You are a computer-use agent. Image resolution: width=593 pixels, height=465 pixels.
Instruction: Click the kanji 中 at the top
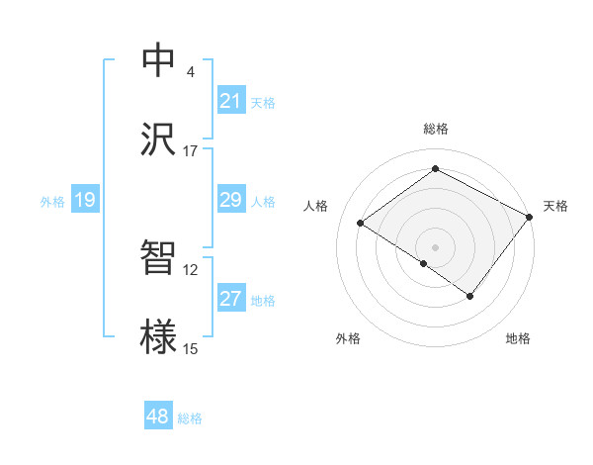pyautogui.click(x=158, y=60)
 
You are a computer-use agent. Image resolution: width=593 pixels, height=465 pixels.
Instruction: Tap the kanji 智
pyautogui.click(x=158, y=258)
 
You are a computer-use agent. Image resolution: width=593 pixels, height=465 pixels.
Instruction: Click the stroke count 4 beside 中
pyautogui.click(x=190, y=72)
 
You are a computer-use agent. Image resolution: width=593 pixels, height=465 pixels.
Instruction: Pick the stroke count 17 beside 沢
pyautogui.click(x=190, y=151)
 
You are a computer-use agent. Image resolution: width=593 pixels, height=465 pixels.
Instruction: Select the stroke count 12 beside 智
pyautogui.click(x=190, y=270)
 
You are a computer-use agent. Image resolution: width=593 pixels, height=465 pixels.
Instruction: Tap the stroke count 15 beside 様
pyautogui.click(x=190, y=349)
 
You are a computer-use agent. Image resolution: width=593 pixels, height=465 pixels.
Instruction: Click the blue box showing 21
pyautogui.click(x=230, y=101)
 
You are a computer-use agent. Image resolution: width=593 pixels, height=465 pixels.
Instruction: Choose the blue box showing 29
pyautogui.click(x=230, y=200)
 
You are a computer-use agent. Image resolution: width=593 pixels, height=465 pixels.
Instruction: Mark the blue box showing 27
pyautogui.click(x=230, y=299)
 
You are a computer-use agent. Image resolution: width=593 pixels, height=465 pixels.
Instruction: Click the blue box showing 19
pyautogui.click(x=84, y=200)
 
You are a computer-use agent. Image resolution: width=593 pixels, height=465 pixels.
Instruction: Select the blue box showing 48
pyautogui.click(x=158, y=417)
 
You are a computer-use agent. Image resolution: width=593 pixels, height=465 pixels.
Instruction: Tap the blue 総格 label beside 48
pyautogui.click(x=190, y=418)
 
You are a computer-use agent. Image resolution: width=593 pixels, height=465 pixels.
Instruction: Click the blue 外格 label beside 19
pyautogui.click(x=52, y=202)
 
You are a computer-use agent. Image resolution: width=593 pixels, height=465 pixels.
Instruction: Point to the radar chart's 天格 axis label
pyautogui.click(x=555, y=206)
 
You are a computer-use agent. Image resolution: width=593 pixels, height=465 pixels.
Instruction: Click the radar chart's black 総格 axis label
pyautogui.click(x=435, y=129)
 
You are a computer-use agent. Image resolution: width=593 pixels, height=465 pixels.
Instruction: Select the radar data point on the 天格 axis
pyautogui.click(x=530, y=217)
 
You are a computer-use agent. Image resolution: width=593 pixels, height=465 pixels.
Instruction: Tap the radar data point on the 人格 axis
pyautogui.click(x=361, y=223)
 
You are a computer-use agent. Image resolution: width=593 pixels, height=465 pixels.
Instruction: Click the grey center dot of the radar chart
pyautogui.click(x=435, y=246)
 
